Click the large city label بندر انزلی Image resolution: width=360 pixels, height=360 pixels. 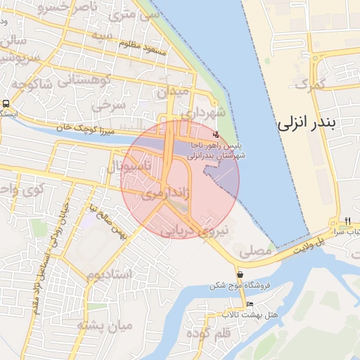coord(309,124)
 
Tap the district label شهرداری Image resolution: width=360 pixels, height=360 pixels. coord(202,112)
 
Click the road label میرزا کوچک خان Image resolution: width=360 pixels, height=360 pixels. coord(86,129)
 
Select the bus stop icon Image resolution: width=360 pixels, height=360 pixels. coord(6,104)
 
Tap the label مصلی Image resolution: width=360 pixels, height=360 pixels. coord(255,249)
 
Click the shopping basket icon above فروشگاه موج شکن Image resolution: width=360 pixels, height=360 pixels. coord(240,275)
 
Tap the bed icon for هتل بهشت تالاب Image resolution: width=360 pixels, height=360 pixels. coord(250,304)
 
